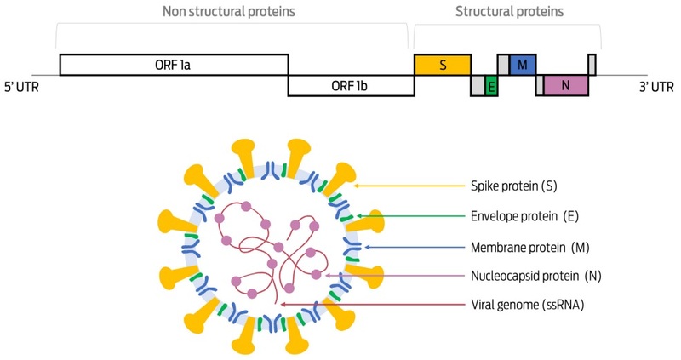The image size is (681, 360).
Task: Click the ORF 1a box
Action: [x=174, y=65]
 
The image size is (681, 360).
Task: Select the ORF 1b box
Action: [x=351, y=86]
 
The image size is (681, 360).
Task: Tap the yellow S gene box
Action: [x=443, y=65]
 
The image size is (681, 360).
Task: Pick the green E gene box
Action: [x=491, y=86]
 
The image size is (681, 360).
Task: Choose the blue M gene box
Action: [x=523, y=65]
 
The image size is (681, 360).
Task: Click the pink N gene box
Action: [x=566, y=86]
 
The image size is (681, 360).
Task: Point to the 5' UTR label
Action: [x=21, y=86]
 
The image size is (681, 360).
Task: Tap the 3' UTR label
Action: [x=656, y=86]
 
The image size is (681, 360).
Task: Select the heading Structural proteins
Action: [x=509, y=12]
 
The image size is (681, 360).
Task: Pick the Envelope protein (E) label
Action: [x=524, y=216]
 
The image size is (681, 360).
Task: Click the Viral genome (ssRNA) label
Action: [x=520, y=304]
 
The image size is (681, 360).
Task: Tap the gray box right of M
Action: [x=592, y=65]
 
